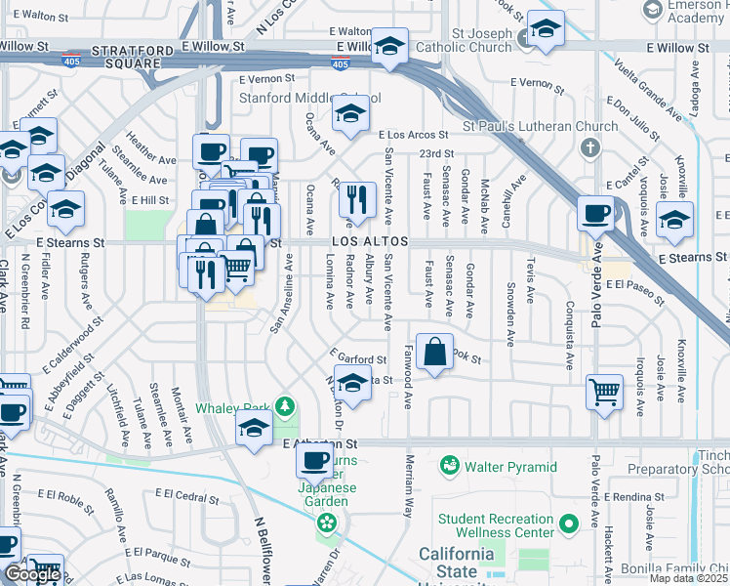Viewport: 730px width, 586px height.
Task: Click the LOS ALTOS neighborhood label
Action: pyautogui.click(x=368, y=241)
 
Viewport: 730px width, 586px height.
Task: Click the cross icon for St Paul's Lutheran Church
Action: pyautogui.click(x=588, y=147)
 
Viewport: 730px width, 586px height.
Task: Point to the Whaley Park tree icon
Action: pyautogui.click(x=284, y=405)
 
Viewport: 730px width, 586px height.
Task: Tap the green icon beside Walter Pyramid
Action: pyautogui.click(x=449, y=465)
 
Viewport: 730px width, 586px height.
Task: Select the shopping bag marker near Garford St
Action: pyautogui.click(x=435, y=352)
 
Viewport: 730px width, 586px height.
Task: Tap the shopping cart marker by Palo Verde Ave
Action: pyautogui.click(x=605, y=393)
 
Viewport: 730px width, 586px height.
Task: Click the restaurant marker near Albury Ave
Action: pyautogui.click(x=358, y=200)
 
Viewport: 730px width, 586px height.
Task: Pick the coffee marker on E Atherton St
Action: pyautogui.click(x=315, y=459)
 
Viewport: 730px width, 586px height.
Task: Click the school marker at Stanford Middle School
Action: pyautogui.click(x=350, y=114)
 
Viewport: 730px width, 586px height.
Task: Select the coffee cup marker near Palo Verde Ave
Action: pyautogui.click(x=595, y=214)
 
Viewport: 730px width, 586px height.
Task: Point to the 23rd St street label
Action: pyautogui.click(x=436, y=154)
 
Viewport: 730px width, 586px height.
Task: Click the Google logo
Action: pyautogui.click(x=31, y=573)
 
